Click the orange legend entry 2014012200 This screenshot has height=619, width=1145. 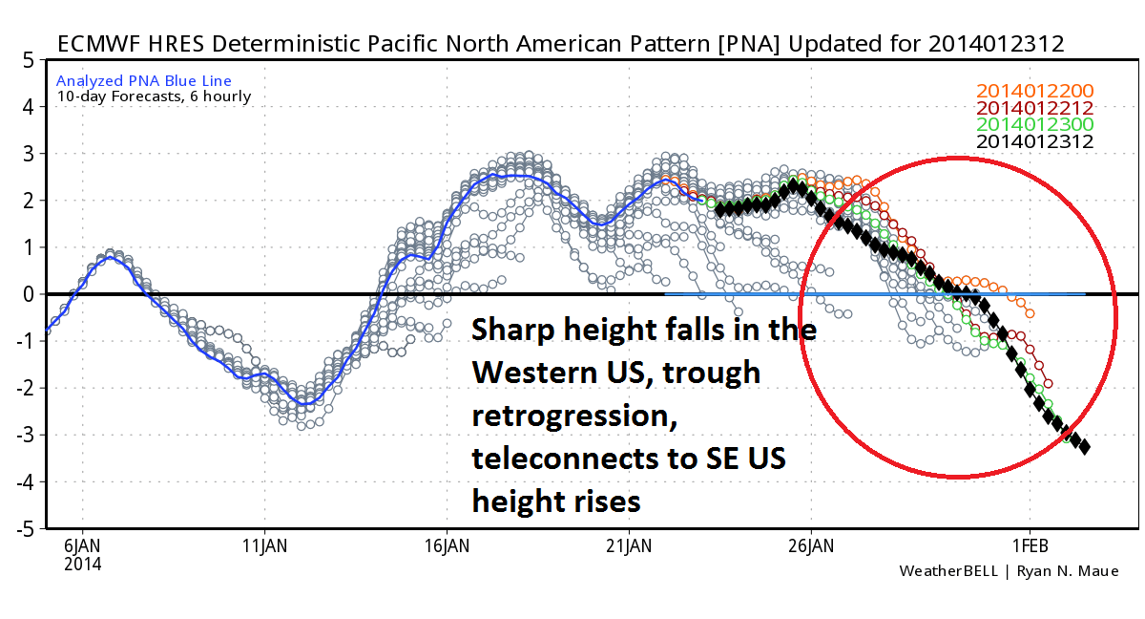tap(1034, 92)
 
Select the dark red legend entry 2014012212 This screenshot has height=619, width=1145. tap(1034, 108)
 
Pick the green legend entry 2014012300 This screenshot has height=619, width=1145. tap(1034, 125)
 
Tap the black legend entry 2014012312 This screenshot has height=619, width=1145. tap(1034, 142)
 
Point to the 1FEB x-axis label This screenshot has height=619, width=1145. tap(1030, 547)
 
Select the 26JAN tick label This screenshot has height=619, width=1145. tap(811, 547)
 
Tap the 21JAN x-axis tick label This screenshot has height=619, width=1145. tap(629, 547)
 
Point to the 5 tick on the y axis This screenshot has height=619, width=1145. tap(29, 60)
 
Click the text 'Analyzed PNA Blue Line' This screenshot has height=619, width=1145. tap(144, 81)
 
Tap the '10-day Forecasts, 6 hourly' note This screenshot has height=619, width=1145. tap(154, 96)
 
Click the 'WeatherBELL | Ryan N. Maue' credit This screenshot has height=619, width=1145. tap(1009, 571)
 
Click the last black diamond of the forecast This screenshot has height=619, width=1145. tap(1084, 447)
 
